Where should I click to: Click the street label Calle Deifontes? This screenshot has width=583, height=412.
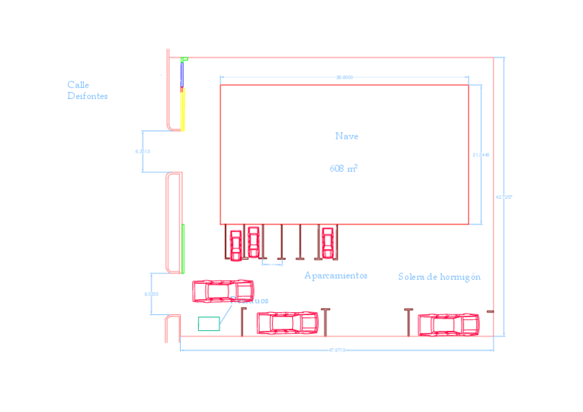(x=87, y=90)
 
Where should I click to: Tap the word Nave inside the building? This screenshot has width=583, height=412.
(x=346, y=136)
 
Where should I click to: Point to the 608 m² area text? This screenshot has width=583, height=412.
(x=343, y=168)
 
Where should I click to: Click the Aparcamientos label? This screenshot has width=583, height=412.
(x=335, y=276)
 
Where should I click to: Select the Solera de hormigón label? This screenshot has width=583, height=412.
(x=439, y=277)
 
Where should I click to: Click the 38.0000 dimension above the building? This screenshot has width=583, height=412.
(x=344, y=78)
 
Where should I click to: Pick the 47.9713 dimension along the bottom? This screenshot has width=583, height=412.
(x=336, y=350)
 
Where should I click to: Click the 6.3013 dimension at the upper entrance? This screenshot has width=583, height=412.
(x=143, y=151)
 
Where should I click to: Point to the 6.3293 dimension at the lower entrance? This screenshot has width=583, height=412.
(x=151, y=294)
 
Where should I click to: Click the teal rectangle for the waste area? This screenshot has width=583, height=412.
(x=209, y=323)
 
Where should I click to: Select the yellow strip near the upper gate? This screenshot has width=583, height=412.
(x=183, y=110)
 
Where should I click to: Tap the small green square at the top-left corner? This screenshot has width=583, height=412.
(x=184, y=60)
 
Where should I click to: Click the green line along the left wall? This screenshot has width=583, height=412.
(x=183, y=248)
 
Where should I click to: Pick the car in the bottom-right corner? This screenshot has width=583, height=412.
(x=448, y=323)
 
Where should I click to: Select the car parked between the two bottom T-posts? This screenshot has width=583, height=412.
(x=287, y=322)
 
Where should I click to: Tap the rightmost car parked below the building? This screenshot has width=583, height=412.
(x=328, y=242)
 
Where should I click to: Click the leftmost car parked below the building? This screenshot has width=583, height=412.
(x=236, y=245)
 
